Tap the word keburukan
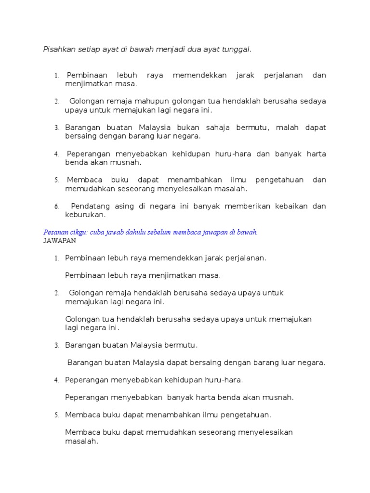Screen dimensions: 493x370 [85, 215]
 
